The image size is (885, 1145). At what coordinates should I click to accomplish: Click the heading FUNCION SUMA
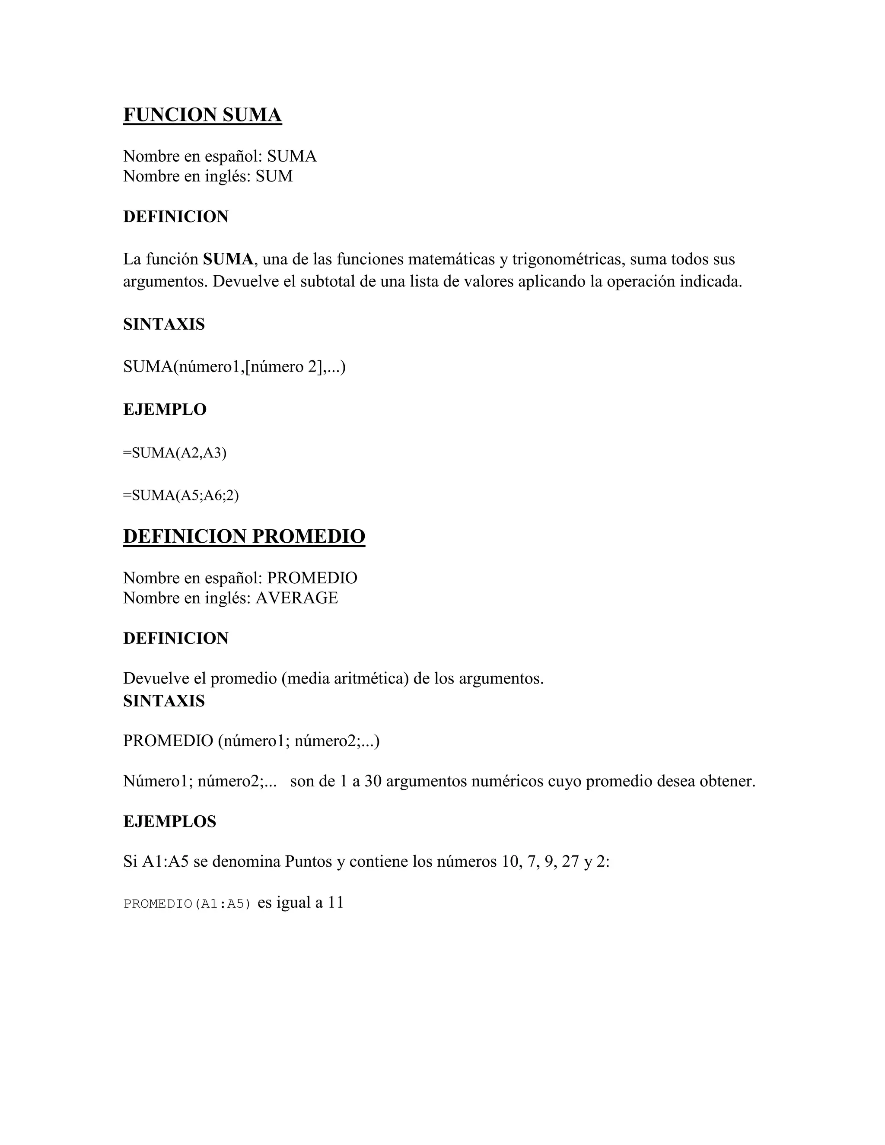tap(202, 115)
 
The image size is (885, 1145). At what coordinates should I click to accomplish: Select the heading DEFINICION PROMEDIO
tap(244, 536)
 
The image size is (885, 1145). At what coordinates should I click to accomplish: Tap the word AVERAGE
tap(297, 598)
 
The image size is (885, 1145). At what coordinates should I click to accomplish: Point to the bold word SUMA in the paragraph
tap(228, 259)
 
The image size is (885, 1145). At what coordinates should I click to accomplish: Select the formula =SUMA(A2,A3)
tap(175, 453)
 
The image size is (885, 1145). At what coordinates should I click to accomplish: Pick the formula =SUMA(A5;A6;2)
tap(181, 496)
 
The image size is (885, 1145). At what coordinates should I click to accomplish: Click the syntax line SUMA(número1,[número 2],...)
tap(234, 366)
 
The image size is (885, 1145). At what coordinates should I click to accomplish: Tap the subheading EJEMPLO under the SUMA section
tap(165, 410)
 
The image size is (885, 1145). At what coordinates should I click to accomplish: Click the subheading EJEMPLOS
tap(169, 821)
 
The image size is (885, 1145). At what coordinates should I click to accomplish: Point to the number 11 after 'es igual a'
tap(335, 902)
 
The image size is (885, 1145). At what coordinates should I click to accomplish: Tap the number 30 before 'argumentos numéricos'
tap(373, 781)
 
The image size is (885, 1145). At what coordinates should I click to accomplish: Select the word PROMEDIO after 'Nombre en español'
tap(312, 578)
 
